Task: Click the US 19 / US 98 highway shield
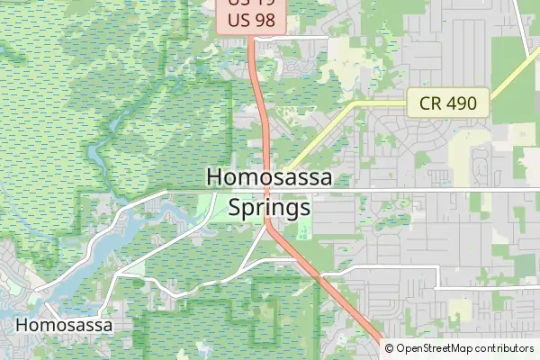click(251, 16)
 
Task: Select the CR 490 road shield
click(447, 103)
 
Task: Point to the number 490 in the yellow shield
click(459, 103)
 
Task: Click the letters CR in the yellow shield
click(430, 103)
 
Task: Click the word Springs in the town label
click(269, 207)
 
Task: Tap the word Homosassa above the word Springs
click(269, 177)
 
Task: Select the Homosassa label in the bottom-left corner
click(64, 325)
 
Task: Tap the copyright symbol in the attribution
click(390, 348)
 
